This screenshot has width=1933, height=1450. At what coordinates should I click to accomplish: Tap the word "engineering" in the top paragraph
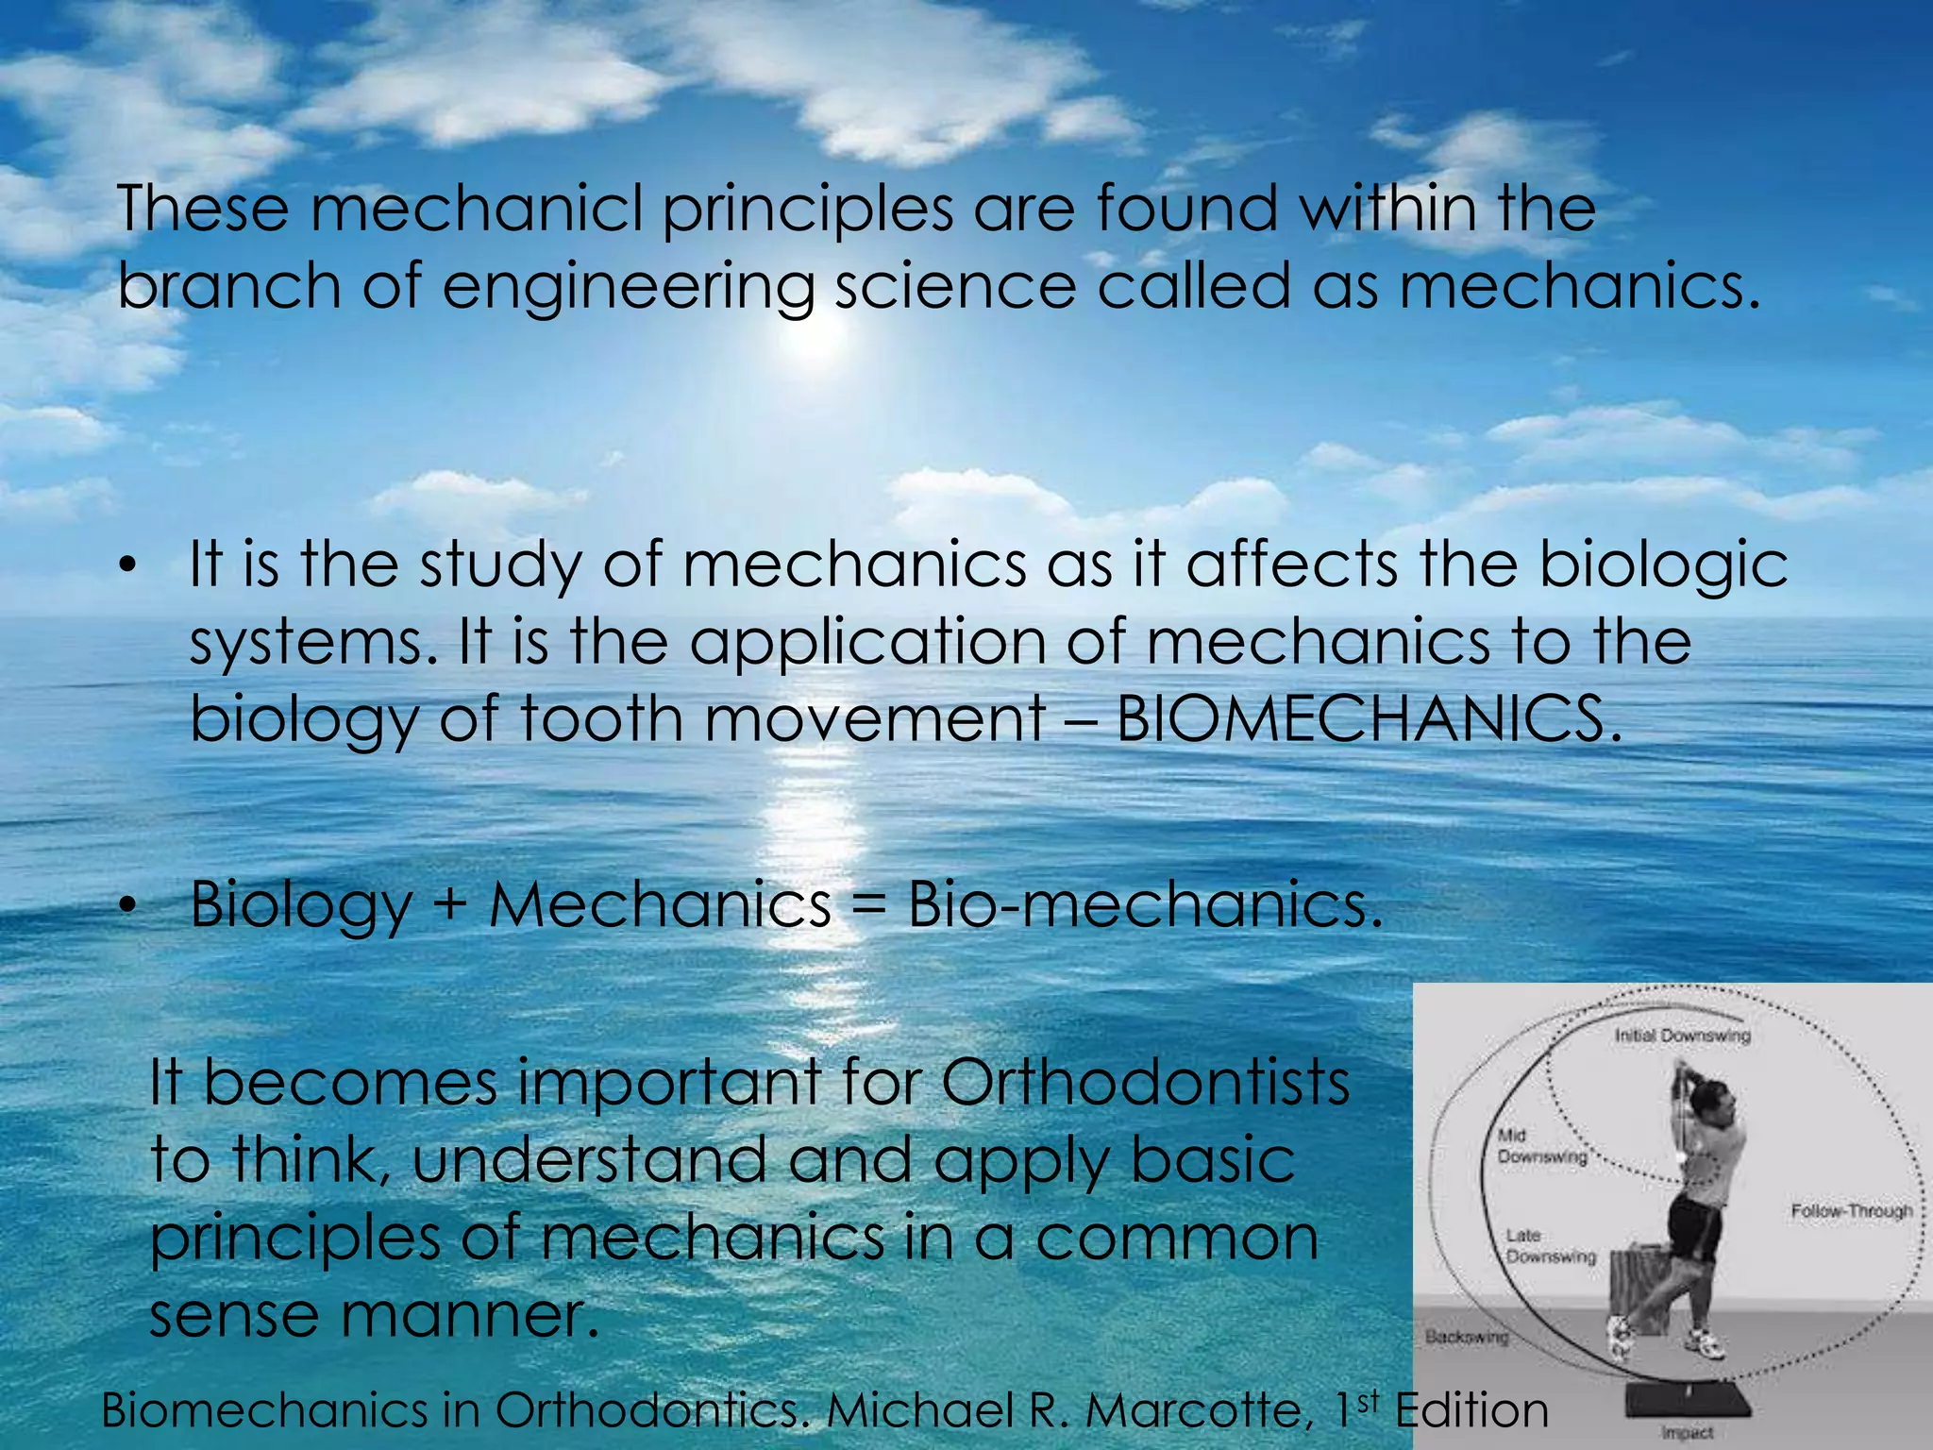[628, 288]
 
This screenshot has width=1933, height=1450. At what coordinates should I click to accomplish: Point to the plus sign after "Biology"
[450, 903]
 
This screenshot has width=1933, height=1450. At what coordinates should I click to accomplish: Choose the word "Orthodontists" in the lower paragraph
[1145, 1083]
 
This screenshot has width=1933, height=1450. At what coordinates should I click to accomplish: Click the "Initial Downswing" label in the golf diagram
[1682, 1036]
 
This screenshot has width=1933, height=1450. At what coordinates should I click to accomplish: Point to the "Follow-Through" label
[1852, 1211]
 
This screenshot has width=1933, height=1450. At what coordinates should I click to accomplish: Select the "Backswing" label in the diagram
[1466, 1337]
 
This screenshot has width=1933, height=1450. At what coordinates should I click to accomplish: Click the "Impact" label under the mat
[1687, 1432]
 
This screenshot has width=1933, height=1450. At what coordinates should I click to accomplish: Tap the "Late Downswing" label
[1550, 1246]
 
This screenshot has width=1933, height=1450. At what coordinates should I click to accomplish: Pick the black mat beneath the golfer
[1689, 1399]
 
